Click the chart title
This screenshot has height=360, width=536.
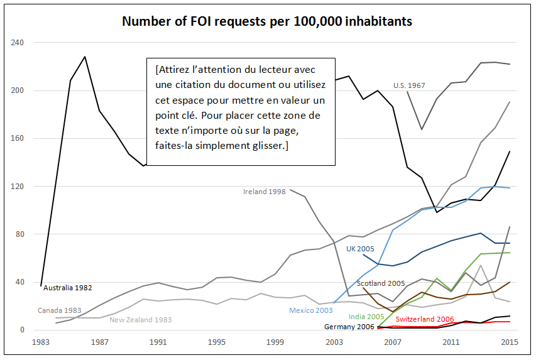point(267,21)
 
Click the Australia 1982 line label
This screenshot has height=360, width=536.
point(68,288)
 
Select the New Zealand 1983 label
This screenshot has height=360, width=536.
point(140,320)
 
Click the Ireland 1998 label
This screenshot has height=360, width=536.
point(265,190)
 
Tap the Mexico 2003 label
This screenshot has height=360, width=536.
point(311,310)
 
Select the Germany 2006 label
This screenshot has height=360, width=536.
point(349,327)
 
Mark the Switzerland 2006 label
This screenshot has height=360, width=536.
point(425,320)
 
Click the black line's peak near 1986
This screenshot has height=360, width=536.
point(85,57)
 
